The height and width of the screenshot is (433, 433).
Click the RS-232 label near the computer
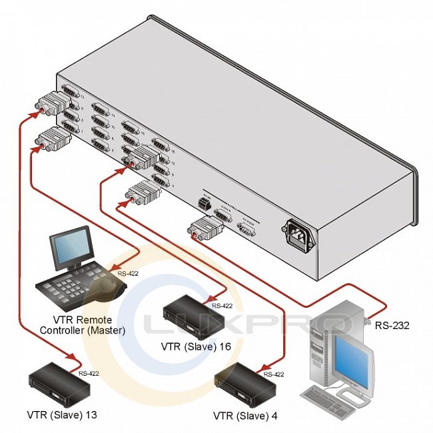coord(391,326)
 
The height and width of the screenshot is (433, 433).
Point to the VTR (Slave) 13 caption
coord(63,414)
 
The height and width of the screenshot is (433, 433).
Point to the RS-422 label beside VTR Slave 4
coord(274,374)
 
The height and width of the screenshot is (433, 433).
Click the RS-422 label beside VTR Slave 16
coord(222,306)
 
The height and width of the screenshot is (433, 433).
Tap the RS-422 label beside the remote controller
coord(129,273)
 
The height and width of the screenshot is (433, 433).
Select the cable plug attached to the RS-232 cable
coord(201,228)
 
